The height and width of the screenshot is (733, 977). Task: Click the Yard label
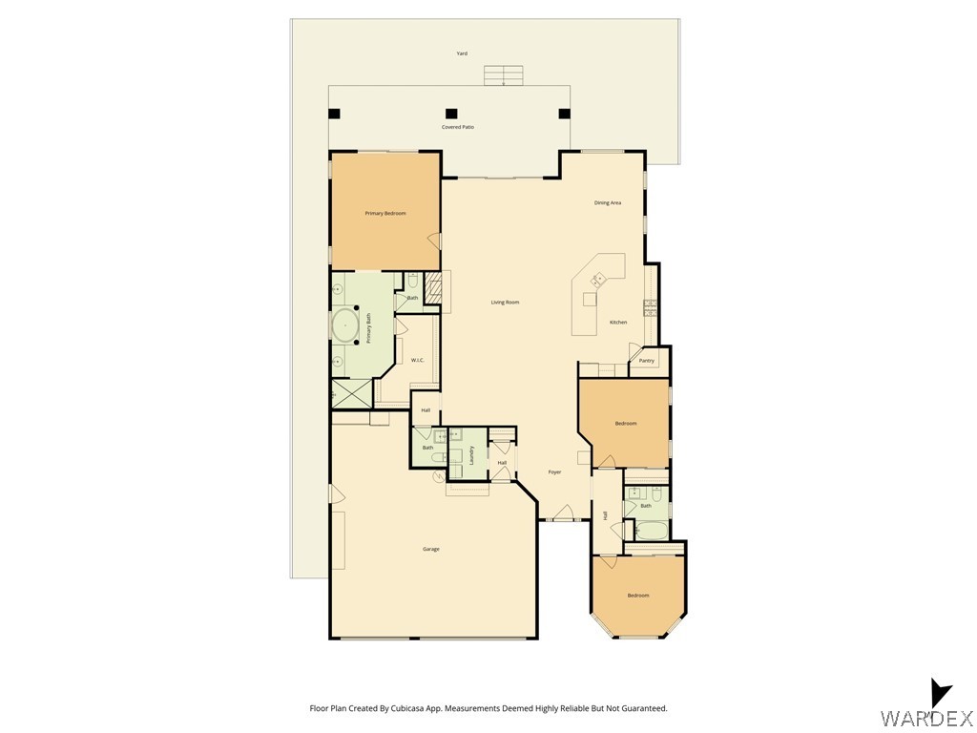[462, 54]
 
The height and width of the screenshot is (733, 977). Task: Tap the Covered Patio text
[457, 127]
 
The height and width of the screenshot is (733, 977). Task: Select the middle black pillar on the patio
[450, 114]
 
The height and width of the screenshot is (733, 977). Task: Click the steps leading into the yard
[503, 75]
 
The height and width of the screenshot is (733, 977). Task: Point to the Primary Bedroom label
[385, 214]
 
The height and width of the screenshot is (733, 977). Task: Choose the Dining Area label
[608, 203]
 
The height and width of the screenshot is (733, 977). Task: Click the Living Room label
[505, 303]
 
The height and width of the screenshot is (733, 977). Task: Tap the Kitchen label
[618, 323]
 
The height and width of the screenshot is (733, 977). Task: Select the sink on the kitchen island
[598, 280]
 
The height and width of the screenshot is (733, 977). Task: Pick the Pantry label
[647, 361]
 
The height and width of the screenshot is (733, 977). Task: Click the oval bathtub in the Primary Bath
[343, 325]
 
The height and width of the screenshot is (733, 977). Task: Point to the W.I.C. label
[417, 360]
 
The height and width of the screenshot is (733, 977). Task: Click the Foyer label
[554, 472]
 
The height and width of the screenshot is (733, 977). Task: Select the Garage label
[431, 549]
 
